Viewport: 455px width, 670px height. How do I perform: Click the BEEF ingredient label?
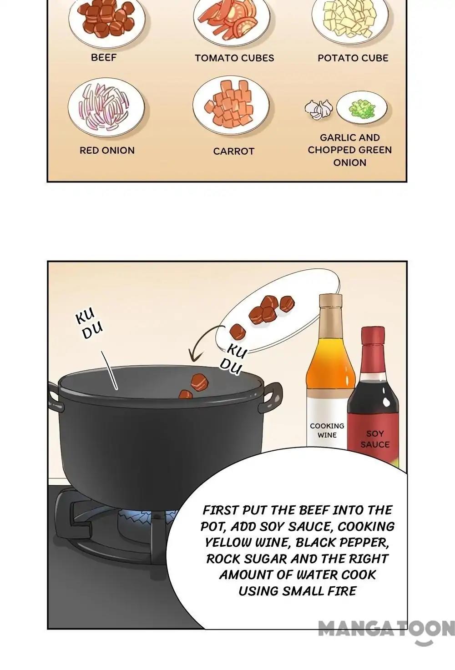103,57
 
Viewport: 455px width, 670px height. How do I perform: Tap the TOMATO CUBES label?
234,58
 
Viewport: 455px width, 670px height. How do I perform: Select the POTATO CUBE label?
353,58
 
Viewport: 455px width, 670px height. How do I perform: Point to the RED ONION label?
107,150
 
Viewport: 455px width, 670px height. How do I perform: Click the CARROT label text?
233,151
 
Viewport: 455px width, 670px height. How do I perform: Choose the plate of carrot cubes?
231,106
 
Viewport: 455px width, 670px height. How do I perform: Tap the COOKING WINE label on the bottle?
327,430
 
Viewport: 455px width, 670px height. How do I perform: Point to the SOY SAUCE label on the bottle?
375,439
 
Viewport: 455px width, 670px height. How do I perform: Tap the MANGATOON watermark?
386,629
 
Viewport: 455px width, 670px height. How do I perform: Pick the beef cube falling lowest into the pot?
186,394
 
